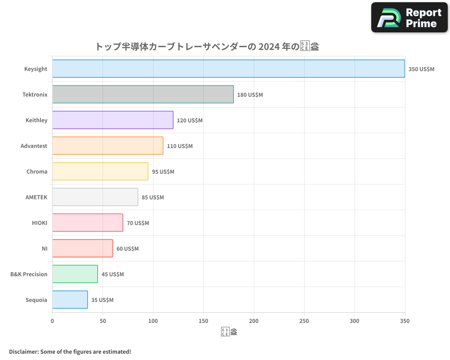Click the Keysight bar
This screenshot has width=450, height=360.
pos(229,69)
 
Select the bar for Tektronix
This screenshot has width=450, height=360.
pos(143,94)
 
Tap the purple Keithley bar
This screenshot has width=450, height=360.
pos(112,120)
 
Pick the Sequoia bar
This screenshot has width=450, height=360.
pos(70,300)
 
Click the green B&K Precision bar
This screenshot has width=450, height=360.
pos(75,274)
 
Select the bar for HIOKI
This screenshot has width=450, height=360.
pos(87,223)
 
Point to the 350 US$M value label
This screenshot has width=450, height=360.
pos(421,69)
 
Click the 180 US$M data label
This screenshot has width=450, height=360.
pos(250,95)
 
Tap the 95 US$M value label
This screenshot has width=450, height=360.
pos(163,172)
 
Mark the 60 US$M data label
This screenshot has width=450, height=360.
pos(127,249)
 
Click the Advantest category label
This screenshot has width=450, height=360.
pos(34,146)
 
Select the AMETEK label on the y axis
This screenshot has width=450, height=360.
pos(36,197)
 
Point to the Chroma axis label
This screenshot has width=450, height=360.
pos(36,171)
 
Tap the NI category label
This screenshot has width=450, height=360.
pos(44,248)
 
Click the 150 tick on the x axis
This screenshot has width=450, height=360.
pos(203,321)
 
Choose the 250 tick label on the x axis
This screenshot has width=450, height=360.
pos(304,321)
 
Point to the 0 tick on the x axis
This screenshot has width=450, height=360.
pos(52,321)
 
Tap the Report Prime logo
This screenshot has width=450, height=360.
pos(409,18)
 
